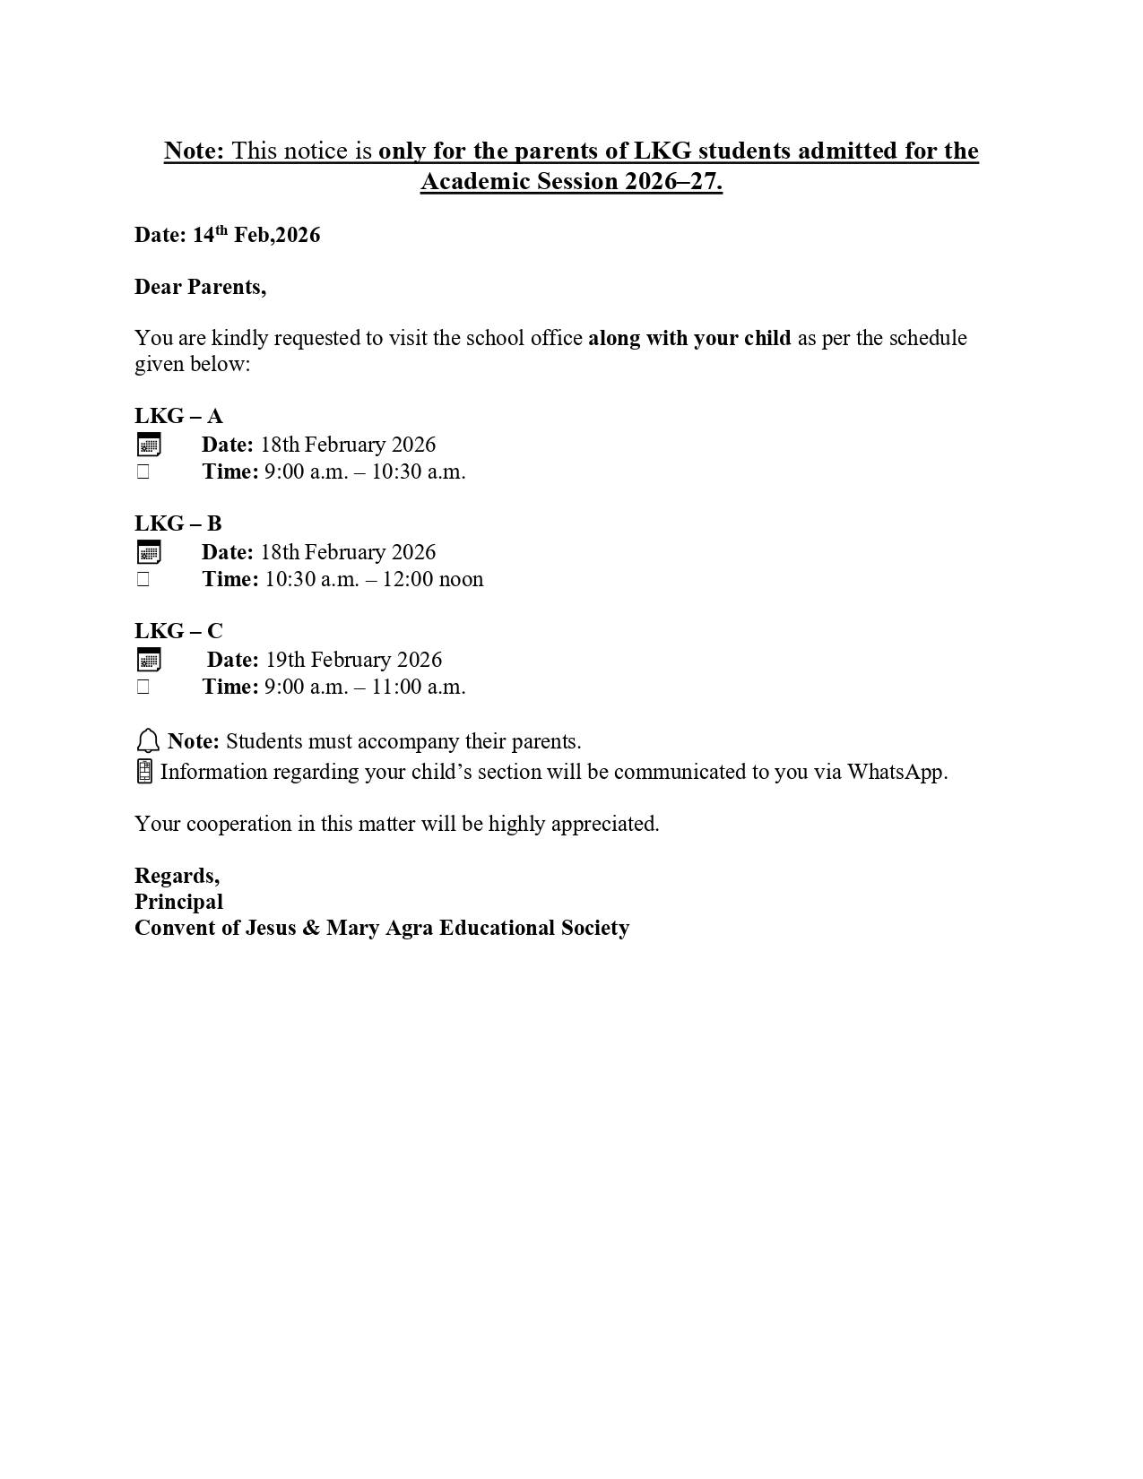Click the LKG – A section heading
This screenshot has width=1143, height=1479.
178,416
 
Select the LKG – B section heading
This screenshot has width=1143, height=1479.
178,523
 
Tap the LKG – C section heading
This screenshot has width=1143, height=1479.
178,631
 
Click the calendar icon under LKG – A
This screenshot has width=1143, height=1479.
149,445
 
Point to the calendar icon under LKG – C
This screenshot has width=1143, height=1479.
149,661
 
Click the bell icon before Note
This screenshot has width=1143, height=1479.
148,741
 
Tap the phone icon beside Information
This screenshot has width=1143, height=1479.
144,771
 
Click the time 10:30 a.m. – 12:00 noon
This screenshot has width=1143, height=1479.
374,579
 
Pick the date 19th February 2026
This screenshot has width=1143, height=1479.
353,660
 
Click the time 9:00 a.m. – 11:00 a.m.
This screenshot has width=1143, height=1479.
365,687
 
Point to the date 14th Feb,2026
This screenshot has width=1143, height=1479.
255,235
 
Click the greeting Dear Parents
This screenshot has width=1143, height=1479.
200,287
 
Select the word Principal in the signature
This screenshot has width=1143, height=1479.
178,902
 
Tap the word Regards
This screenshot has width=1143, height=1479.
177,876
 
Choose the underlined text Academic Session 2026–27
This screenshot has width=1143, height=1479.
571,182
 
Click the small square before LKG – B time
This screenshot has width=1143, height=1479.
143,579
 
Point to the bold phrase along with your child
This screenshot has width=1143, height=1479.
689,338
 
